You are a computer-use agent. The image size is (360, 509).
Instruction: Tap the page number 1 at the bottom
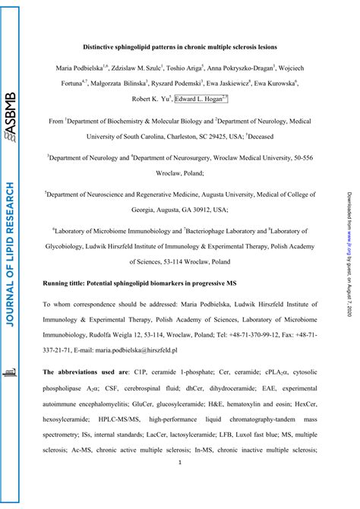[179, 484]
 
